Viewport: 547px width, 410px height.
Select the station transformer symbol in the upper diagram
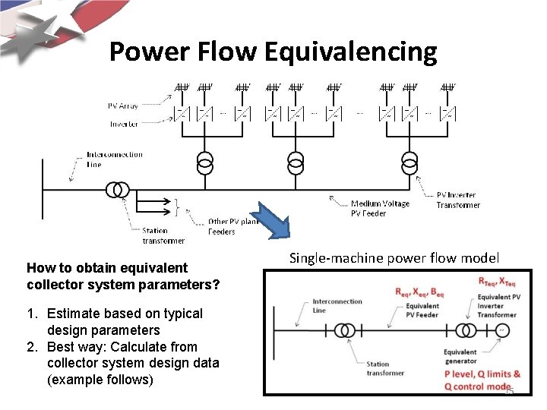[x=117, y=189]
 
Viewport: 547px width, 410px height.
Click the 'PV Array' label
[x=123, y=106]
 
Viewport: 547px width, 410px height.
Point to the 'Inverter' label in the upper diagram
[x=124, y=124]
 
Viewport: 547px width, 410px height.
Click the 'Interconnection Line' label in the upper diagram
[x=114, y=159]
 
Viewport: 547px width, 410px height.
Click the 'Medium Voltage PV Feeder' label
[x=380, y=208]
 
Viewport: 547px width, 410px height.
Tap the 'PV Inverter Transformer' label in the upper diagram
[x=457, y=200]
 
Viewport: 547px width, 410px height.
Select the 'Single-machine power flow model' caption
[x=394, y=258]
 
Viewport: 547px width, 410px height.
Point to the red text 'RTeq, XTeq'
[x=498, y=282]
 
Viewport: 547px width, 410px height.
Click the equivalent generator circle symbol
[x=502, y=330]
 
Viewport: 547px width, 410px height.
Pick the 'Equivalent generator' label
[x=460, y=356]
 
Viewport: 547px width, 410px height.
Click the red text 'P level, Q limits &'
[x=482, y=374]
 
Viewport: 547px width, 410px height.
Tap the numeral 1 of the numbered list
[x=31, y=314]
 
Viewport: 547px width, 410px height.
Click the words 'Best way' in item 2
[x=73, y=347]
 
